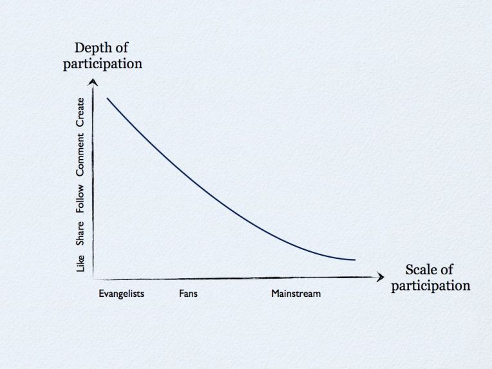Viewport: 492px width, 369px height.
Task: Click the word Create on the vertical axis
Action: click(x=80, y=111)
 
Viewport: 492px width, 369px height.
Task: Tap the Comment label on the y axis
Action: click(x=80, y=154)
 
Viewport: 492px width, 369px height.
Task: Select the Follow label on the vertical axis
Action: click(x=80, y=199)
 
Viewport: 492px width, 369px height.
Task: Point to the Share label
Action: click(x=80, y=232)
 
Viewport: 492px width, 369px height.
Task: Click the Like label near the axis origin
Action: click(x=80, y=263)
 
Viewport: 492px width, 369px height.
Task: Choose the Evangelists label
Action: click(x=121, y=294)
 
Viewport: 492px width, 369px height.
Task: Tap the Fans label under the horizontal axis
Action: click(x=188, y=294)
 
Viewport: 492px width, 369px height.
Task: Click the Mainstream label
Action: click(x=296, y=294)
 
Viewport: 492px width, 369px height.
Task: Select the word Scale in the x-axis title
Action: click(x=420, y=270)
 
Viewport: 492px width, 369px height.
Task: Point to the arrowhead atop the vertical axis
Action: click(x=94, y=81)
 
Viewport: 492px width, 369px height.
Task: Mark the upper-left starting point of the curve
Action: click(x=108, y=98)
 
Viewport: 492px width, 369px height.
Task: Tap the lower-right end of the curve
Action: click(x=354, y=260)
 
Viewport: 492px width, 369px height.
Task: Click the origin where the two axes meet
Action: click(x=95, y=279)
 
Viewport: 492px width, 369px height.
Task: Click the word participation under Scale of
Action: click(x=430, y=285)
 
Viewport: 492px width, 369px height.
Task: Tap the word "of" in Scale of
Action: click(x=446, y=270)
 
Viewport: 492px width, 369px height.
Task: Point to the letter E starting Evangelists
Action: click(x=102, y=294)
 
